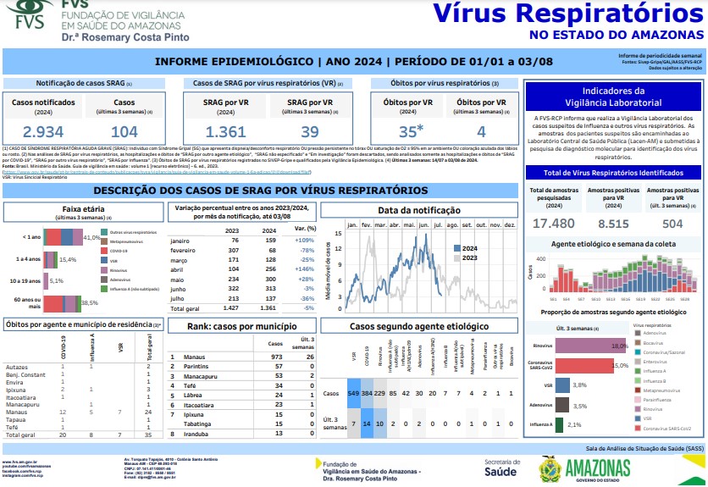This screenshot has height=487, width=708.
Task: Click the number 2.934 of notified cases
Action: click(43, 131)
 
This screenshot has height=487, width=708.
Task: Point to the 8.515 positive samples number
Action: click(614, 223)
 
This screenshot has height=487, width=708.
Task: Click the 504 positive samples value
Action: click(672, 223)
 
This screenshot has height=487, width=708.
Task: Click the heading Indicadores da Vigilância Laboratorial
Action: click(614, 96)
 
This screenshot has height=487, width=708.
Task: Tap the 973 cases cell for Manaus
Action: click(275, 357)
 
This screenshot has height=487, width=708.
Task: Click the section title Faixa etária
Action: click(83, 208)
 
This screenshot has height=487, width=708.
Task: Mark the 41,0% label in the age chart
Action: click(92, 237)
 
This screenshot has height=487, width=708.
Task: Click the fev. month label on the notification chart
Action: click(367, 225)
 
